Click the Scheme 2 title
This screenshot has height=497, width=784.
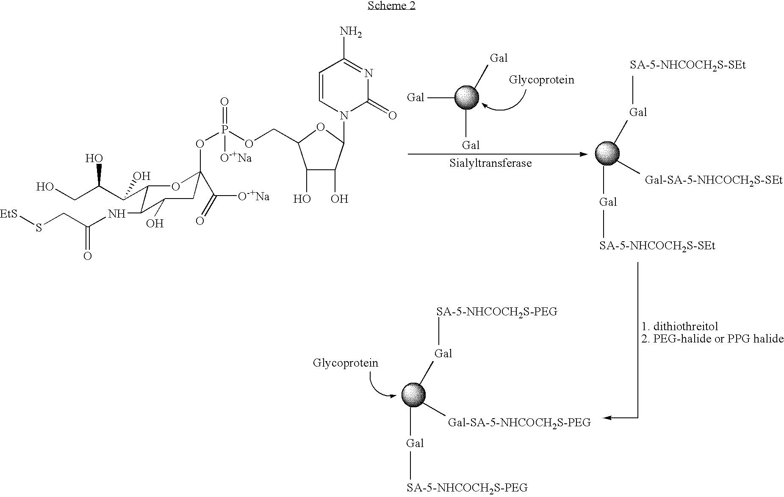391,6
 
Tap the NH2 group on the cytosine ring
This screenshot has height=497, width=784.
351,32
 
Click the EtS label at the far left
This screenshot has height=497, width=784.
9,214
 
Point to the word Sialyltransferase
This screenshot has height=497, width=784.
490,163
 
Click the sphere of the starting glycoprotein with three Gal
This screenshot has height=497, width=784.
467,98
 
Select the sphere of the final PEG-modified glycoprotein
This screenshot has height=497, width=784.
413,395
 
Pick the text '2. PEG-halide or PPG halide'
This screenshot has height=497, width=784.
712,339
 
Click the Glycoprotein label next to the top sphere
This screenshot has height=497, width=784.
542,80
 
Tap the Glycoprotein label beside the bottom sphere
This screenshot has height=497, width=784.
346,363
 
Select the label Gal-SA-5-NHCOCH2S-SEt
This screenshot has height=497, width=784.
713,181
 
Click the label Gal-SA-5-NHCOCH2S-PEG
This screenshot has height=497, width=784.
519,423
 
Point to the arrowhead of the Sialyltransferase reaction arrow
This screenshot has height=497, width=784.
585,155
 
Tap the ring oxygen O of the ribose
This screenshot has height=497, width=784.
321,127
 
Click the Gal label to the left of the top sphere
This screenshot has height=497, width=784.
416,98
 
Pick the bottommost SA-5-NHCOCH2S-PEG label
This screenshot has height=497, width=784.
467,488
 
